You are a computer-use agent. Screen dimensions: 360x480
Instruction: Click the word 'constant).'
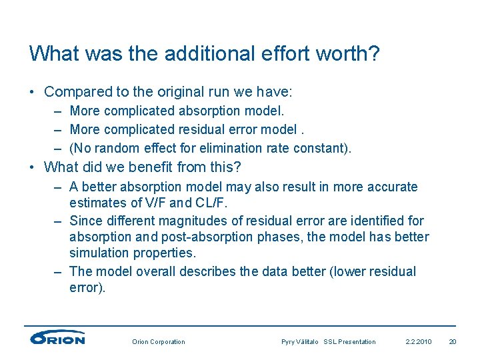[x=323, y=148]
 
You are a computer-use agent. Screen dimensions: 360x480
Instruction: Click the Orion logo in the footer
[x=57, y=338]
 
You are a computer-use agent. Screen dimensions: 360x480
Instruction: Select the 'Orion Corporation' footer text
[x=159, y=342]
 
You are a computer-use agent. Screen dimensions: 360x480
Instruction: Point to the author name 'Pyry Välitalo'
[x=300, y=342]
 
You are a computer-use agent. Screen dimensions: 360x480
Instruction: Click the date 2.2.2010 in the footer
[x=419, y=342]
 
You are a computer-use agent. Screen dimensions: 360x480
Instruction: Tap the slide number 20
[x=453, y=342]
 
